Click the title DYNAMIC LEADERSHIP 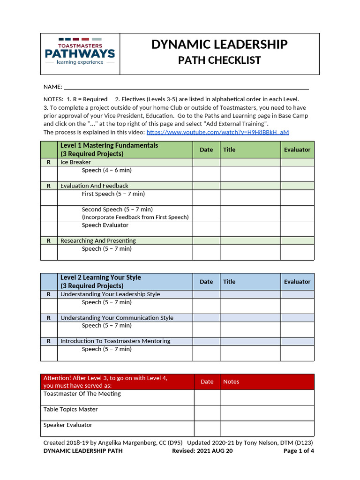click(x=219, y=45)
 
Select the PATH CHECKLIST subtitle click(x=219, y=60)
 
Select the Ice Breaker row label click(x=75, y=162)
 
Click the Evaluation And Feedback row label click(x=94, y=186)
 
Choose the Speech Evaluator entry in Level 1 click(x=105, y=225)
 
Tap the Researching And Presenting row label click(x=98, y=240)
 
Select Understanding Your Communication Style click(x=117, y=318)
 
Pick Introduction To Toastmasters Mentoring click(x=115, y=341)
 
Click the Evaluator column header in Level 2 click(x=297, y=282)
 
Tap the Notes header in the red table click(x=231, y=382)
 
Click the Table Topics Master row click(x=71, y=409)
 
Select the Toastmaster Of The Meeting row click(x=82, y=394)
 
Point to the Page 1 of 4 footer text click(x=299, y=451)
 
